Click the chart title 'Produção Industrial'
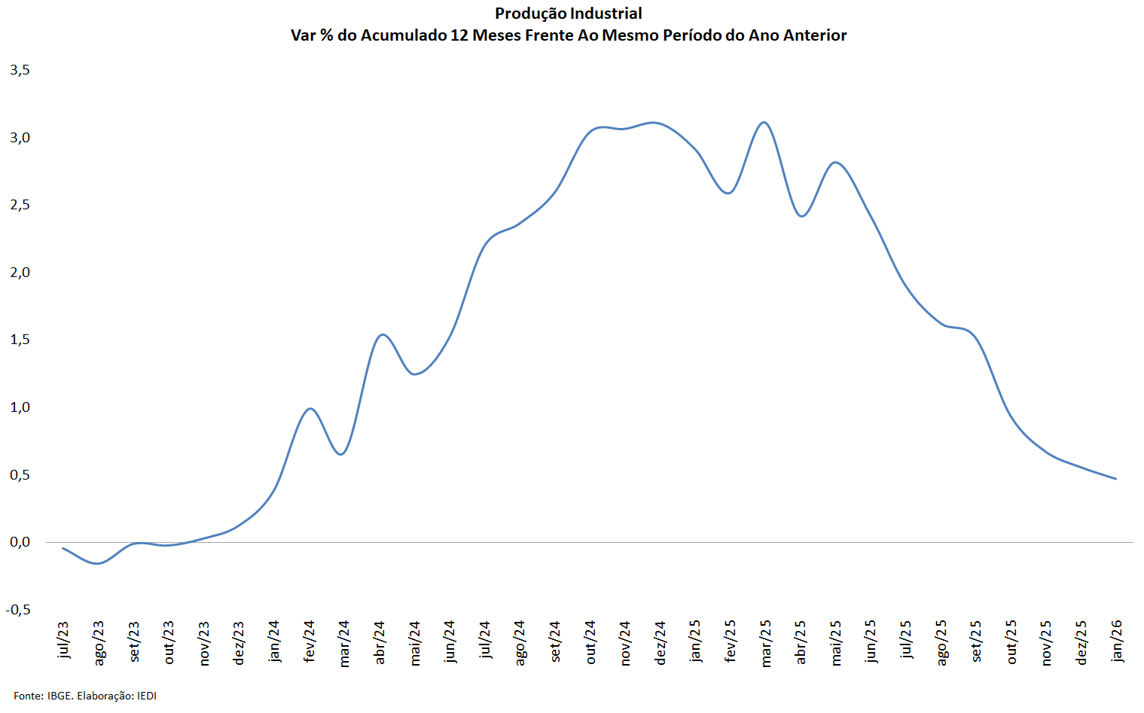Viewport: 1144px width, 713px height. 569,14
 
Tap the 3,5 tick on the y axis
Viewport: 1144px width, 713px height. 20,70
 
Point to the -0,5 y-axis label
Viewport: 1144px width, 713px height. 18,610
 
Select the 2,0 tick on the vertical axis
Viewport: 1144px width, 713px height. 20,273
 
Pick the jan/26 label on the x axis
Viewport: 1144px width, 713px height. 1117,640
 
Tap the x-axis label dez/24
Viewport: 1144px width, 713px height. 660,641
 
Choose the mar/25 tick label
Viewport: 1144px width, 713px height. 766,643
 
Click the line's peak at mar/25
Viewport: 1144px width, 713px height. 764,122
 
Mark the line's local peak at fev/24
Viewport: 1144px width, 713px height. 310,408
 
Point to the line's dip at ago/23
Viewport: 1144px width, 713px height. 98,563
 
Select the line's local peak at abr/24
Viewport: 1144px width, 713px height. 383,334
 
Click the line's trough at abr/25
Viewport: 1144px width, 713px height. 802,216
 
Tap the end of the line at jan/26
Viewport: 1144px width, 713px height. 1115,478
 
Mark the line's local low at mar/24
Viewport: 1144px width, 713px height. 342,454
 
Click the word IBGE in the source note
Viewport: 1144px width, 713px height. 59,696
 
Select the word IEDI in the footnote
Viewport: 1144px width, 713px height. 147,696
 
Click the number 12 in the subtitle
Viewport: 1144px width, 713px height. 459,35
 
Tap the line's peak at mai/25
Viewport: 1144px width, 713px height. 835,162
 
